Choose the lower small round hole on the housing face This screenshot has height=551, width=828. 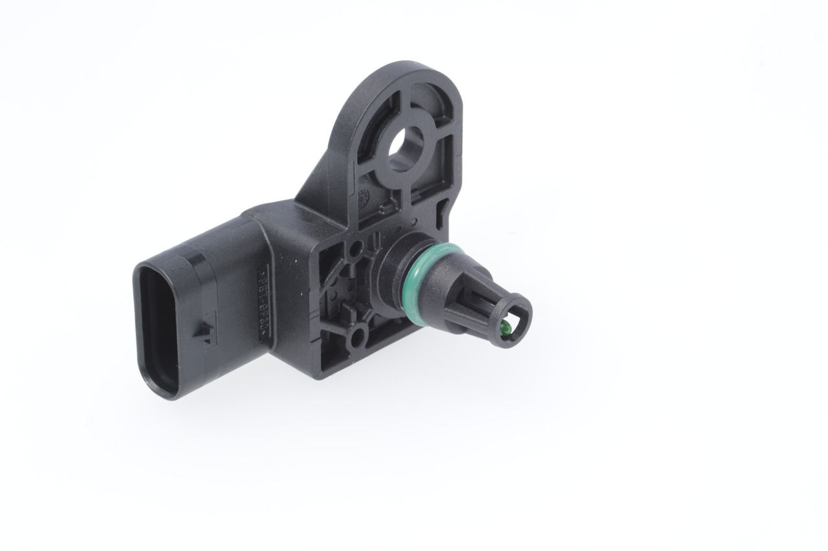356,337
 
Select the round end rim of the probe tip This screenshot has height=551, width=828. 511,317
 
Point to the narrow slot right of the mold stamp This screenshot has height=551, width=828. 442,208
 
